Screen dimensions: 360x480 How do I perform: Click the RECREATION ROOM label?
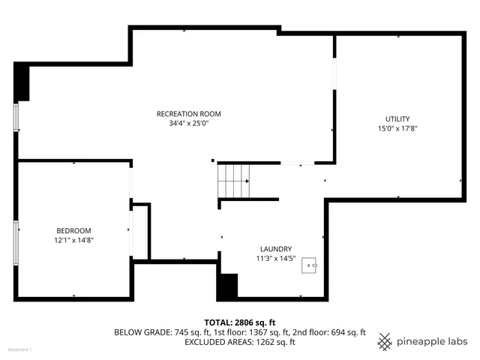188,114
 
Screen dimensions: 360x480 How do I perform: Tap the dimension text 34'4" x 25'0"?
188,124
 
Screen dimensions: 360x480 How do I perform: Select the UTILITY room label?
397,119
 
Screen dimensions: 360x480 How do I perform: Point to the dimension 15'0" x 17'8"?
397,129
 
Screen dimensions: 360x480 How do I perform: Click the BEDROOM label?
73,230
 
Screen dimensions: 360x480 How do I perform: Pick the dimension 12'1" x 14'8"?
73,240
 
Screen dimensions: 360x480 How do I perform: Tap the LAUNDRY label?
276,249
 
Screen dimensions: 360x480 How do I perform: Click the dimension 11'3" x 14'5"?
276,259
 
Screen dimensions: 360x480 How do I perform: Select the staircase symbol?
233,181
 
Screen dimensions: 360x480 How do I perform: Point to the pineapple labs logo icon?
385,340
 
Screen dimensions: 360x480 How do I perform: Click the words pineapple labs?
433,340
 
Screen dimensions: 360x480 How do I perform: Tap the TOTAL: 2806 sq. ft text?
239,321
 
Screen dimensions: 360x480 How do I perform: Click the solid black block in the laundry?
227,286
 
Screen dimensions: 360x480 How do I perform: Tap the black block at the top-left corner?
22,81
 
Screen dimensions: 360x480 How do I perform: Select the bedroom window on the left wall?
16,241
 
